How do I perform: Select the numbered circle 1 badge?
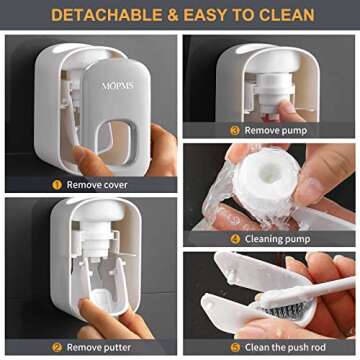click(x=57, y=184)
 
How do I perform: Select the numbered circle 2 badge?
click(x=58, y=346)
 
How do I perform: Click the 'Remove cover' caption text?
click(x=101, y=184)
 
